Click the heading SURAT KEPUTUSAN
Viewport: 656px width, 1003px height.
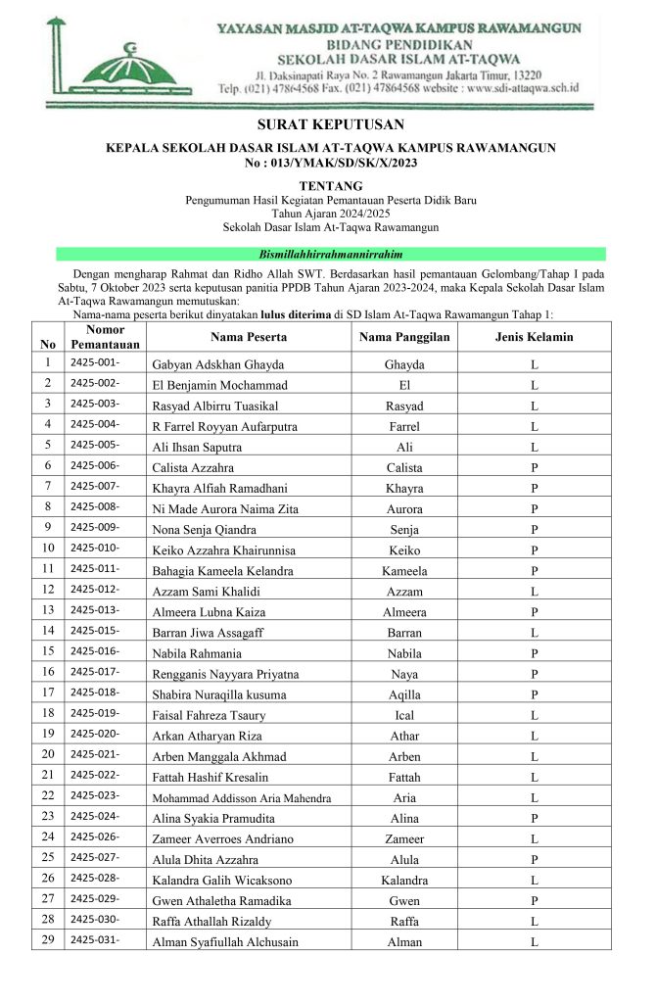point(330,125)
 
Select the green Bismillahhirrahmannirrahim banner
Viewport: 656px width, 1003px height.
point(330,254)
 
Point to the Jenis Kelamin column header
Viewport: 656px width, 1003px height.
point(535,337)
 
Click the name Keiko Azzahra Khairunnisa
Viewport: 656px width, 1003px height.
point(224,550)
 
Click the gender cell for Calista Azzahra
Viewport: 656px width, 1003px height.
point(535,467)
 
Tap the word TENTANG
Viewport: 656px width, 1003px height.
point(330,185)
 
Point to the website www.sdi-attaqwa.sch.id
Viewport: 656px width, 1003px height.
point(525,88)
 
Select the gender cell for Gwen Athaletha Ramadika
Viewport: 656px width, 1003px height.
point(535,901)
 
